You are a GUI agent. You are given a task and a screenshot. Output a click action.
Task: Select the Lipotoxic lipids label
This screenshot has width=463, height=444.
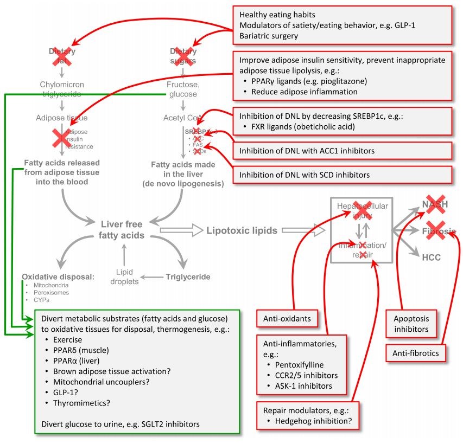tap(242, 230)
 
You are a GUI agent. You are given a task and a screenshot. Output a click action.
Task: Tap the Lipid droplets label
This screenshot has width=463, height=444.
tap(124, 276)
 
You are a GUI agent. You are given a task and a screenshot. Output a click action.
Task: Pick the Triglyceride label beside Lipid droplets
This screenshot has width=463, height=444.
tap(187, 276)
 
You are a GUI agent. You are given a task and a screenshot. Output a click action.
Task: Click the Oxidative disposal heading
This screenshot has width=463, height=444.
tap(58, 276)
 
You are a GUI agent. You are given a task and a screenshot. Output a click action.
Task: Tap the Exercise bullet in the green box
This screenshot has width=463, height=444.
tap(67, 340)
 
